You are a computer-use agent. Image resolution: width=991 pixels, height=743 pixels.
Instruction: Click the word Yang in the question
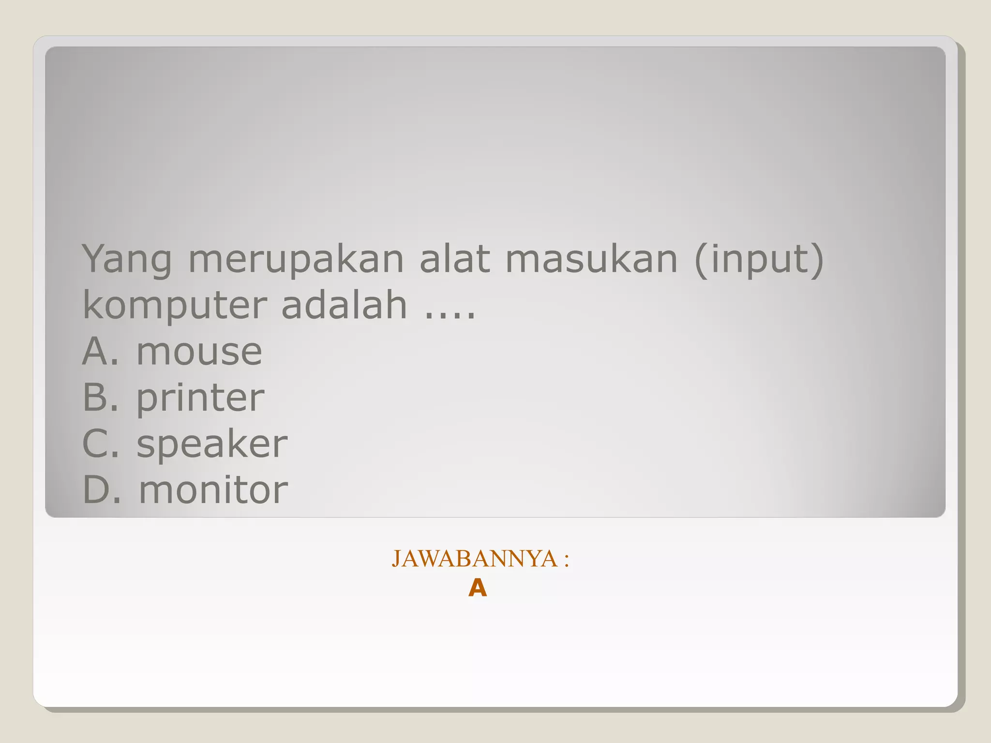click(x=127, y=260)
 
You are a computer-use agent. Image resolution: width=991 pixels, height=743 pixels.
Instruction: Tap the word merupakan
click(x=296, y=260)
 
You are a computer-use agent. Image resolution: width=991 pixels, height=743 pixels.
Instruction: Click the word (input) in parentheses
click(x=759, y=260)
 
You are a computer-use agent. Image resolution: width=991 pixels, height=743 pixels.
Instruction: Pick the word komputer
click(x=175, y=306)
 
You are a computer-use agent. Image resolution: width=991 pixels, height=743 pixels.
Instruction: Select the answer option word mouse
click(x=199, y=352)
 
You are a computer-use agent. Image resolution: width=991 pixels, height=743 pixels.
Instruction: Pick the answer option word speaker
click(x=212, y=444)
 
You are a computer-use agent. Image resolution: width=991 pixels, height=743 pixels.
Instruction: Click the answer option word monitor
click(x=213, y=490)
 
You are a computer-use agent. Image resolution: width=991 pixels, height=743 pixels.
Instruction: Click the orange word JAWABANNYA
click(x=474, y=559)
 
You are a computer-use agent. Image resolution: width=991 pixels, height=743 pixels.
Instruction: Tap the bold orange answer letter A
click(x=478, y=589)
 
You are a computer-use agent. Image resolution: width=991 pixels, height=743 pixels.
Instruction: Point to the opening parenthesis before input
click(x=700, y=260)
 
